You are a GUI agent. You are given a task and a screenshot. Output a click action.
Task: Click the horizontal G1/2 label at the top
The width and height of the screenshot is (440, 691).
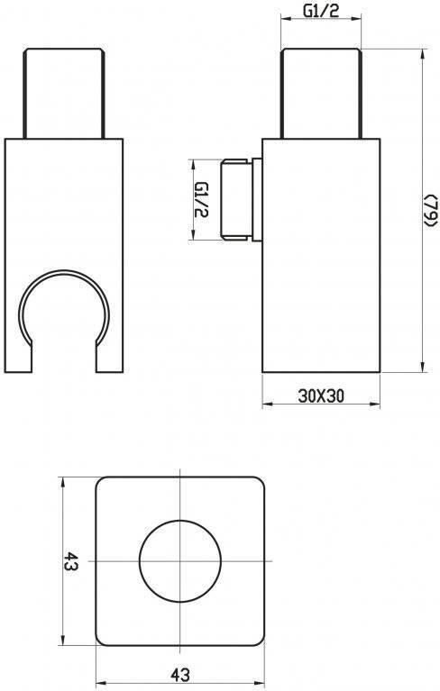pos(321,11)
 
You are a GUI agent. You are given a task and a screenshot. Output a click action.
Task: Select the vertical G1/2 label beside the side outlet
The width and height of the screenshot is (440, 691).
pos(201,200)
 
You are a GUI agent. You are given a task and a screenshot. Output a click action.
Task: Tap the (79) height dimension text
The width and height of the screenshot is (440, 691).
pos(430,211)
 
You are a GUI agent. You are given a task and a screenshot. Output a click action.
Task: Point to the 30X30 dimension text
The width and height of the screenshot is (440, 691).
pos(320,396)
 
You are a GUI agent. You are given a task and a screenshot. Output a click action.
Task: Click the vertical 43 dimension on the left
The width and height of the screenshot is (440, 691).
pos(70,561)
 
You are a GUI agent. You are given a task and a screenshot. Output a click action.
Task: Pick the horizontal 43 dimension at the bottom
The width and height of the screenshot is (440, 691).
pos(180,674)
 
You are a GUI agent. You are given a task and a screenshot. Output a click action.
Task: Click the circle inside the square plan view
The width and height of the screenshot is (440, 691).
pos(180,560)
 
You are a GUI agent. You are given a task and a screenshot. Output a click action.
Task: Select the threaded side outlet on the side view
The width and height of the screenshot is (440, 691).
pos(236,200)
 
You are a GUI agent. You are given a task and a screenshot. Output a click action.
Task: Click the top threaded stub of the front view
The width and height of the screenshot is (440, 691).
pos(64,94)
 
